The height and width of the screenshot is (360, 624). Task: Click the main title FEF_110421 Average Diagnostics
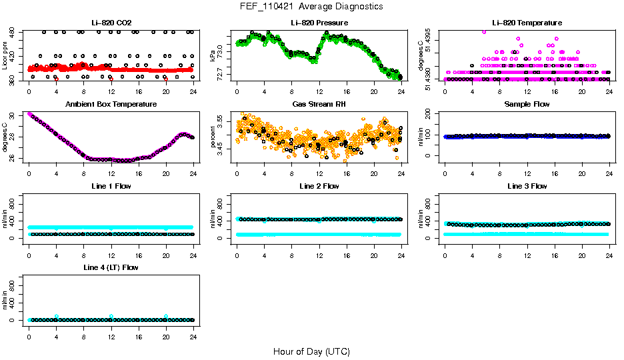click(311, 6)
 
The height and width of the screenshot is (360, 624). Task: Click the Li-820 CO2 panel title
click(111, 23)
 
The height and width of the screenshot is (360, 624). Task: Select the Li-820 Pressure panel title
click(319, 23)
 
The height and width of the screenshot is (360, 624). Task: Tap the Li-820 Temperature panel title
click(527, 23)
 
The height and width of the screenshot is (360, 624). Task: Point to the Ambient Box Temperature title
click(111, 105)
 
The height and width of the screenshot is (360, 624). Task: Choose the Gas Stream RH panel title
click(319, 105)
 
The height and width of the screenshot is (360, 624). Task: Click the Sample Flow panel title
click(527, 105)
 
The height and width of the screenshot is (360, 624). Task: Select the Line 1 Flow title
click(111, 186)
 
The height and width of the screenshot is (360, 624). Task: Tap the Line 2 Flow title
click(319, 186)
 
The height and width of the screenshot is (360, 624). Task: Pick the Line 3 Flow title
click(527, 186)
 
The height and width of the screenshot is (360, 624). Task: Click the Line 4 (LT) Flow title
click(111, 267)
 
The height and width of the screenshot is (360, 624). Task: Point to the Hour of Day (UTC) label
click(311, 351)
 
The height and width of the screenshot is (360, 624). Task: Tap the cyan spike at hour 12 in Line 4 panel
click(111, 316)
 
